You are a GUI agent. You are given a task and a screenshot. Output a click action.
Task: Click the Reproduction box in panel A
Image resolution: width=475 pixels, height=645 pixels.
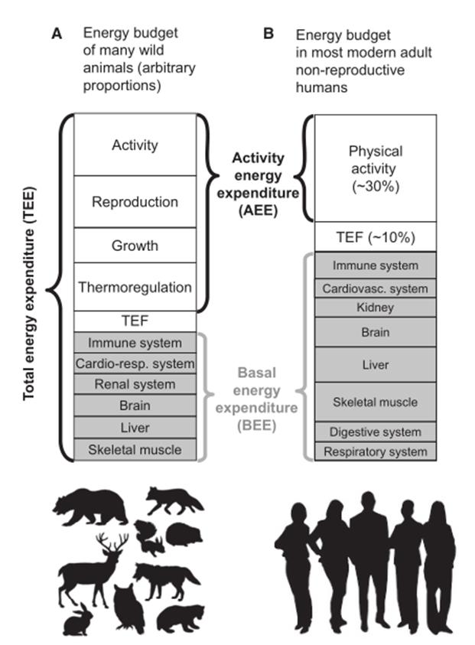pos(135,202)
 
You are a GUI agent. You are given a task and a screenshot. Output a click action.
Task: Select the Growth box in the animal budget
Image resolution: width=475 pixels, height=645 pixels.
pos(135,246)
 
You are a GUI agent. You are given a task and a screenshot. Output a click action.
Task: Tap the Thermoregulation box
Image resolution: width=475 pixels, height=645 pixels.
pos(135,288)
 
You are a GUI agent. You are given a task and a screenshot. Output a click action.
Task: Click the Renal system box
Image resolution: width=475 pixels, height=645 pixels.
pos(135,385)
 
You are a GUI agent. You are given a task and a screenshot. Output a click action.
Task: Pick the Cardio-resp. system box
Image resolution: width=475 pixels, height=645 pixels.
pos(135,363)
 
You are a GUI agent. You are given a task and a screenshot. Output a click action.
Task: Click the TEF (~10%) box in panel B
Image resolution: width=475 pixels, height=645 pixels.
pos(375,237)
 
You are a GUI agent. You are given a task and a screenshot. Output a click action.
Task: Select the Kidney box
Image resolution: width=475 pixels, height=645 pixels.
pos(375,308)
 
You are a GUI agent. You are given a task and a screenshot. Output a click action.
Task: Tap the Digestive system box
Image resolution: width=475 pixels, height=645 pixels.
pos(375,432)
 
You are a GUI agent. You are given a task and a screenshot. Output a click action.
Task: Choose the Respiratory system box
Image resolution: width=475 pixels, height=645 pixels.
pos(375,451)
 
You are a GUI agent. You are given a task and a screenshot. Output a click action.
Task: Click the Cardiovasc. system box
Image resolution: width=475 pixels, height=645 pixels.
pos(375,288)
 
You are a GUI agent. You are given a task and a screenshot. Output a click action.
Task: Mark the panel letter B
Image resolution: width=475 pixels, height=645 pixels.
pos(268,34)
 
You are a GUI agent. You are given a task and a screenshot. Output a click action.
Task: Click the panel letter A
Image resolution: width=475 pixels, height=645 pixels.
pos(55,34)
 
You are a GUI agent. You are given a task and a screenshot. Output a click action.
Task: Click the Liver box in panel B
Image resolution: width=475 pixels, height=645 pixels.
pos(375,365)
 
